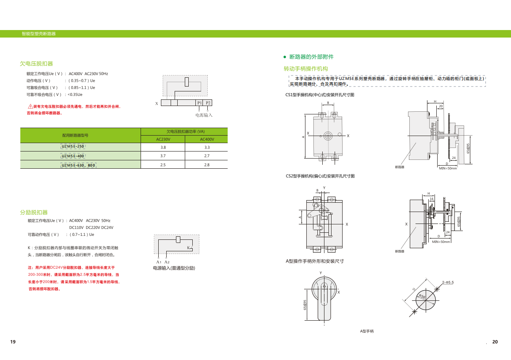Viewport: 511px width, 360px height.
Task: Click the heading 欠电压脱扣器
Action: tap(36, 64)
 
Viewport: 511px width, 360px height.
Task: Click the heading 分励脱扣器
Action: tap(34, 212)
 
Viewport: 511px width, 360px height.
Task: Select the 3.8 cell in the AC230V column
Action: tap(163, 147)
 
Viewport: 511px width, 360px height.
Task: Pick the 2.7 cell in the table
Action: tap(207, 156)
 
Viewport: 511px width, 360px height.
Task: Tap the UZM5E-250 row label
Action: tap(72, 147)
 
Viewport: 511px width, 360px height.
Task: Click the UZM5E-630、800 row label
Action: tap(78, 165)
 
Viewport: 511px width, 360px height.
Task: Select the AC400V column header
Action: tap(207, 139)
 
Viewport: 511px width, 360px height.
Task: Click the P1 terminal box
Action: tap(199, 103)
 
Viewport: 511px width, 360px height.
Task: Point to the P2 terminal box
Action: tap(208, 103)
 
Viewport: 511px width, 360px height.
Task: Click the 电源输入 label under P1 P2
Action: tap(204, 115)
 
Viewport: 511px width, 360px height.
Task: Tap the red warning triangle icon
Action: tap(31, 106)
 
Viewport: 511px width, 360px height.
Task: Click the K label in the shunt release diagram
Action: tap(188, 248)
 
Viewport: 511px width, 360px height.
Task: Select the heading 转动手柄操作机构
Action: tap(305, 68)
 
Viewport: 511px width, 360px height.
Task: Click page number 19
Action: tap(13, 342)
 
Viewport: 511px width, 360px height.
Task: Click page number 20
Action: tap(495, 342)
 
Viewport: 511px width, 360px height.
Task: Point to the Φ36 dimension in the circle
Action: tap(422, 297)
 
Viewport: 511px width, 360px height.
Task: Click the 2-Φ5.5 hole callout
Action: tap(448, 282)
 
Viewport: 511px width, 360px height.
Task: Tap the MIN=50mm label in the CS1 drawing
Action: tap(448, 168)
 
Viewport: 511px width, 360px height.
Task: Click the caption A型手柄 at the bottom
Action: tap(367, 331)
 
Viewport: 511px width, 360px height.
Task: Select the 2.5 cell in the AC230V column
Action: tap(163, 165)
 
